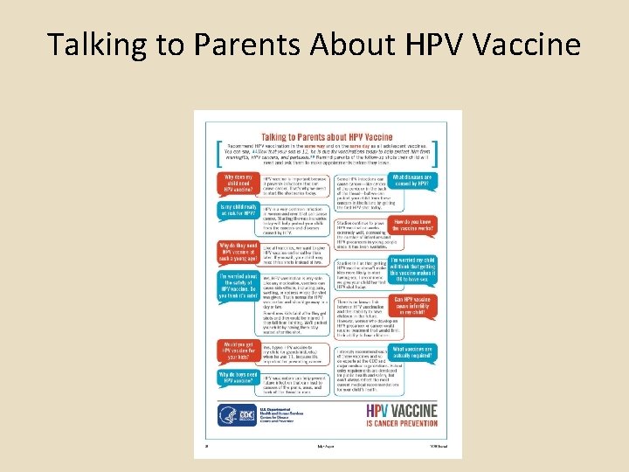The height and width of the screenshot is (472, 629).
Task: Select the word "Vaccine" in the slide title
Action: click(x=528, y=43)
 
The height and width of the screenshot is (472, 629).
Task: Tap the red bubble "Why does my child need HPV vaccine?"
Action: click(x=238, y=182)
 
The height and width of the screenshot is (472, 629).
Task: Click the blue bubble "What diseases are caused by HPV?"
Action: click(x=412, y=181)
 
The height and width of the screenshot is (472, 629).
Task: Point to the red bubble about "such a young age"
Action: click(x=238, y=253)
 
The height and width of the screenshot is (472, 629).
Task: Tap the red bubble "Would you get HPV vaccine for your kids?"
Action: click(x=238, y=351)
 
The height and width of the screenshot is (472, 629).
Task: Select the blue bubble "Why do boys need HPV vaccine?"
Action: click(x=238, y=377)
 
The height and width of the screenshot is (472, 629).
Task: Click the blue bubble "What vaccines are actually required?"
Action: click(x=413, y=353)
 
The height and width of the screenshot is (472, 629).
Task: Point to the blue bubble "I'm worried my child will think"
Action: click(x=413, y=267)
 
